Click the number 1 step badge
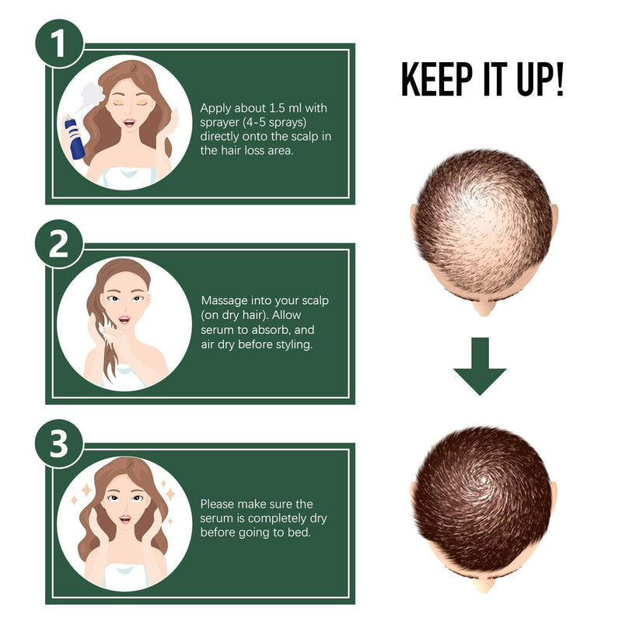60,44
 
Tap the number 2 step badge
59,243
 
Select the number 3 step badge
59,443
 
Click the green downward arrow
480,366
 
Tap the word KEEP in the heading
437,79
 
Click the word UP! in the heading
540,79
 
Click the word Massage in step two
225,301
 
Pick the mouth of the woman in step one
129,122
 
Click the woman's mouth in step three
125,519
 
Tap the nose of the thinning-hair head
484,307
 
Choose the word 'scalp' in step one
305,137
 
